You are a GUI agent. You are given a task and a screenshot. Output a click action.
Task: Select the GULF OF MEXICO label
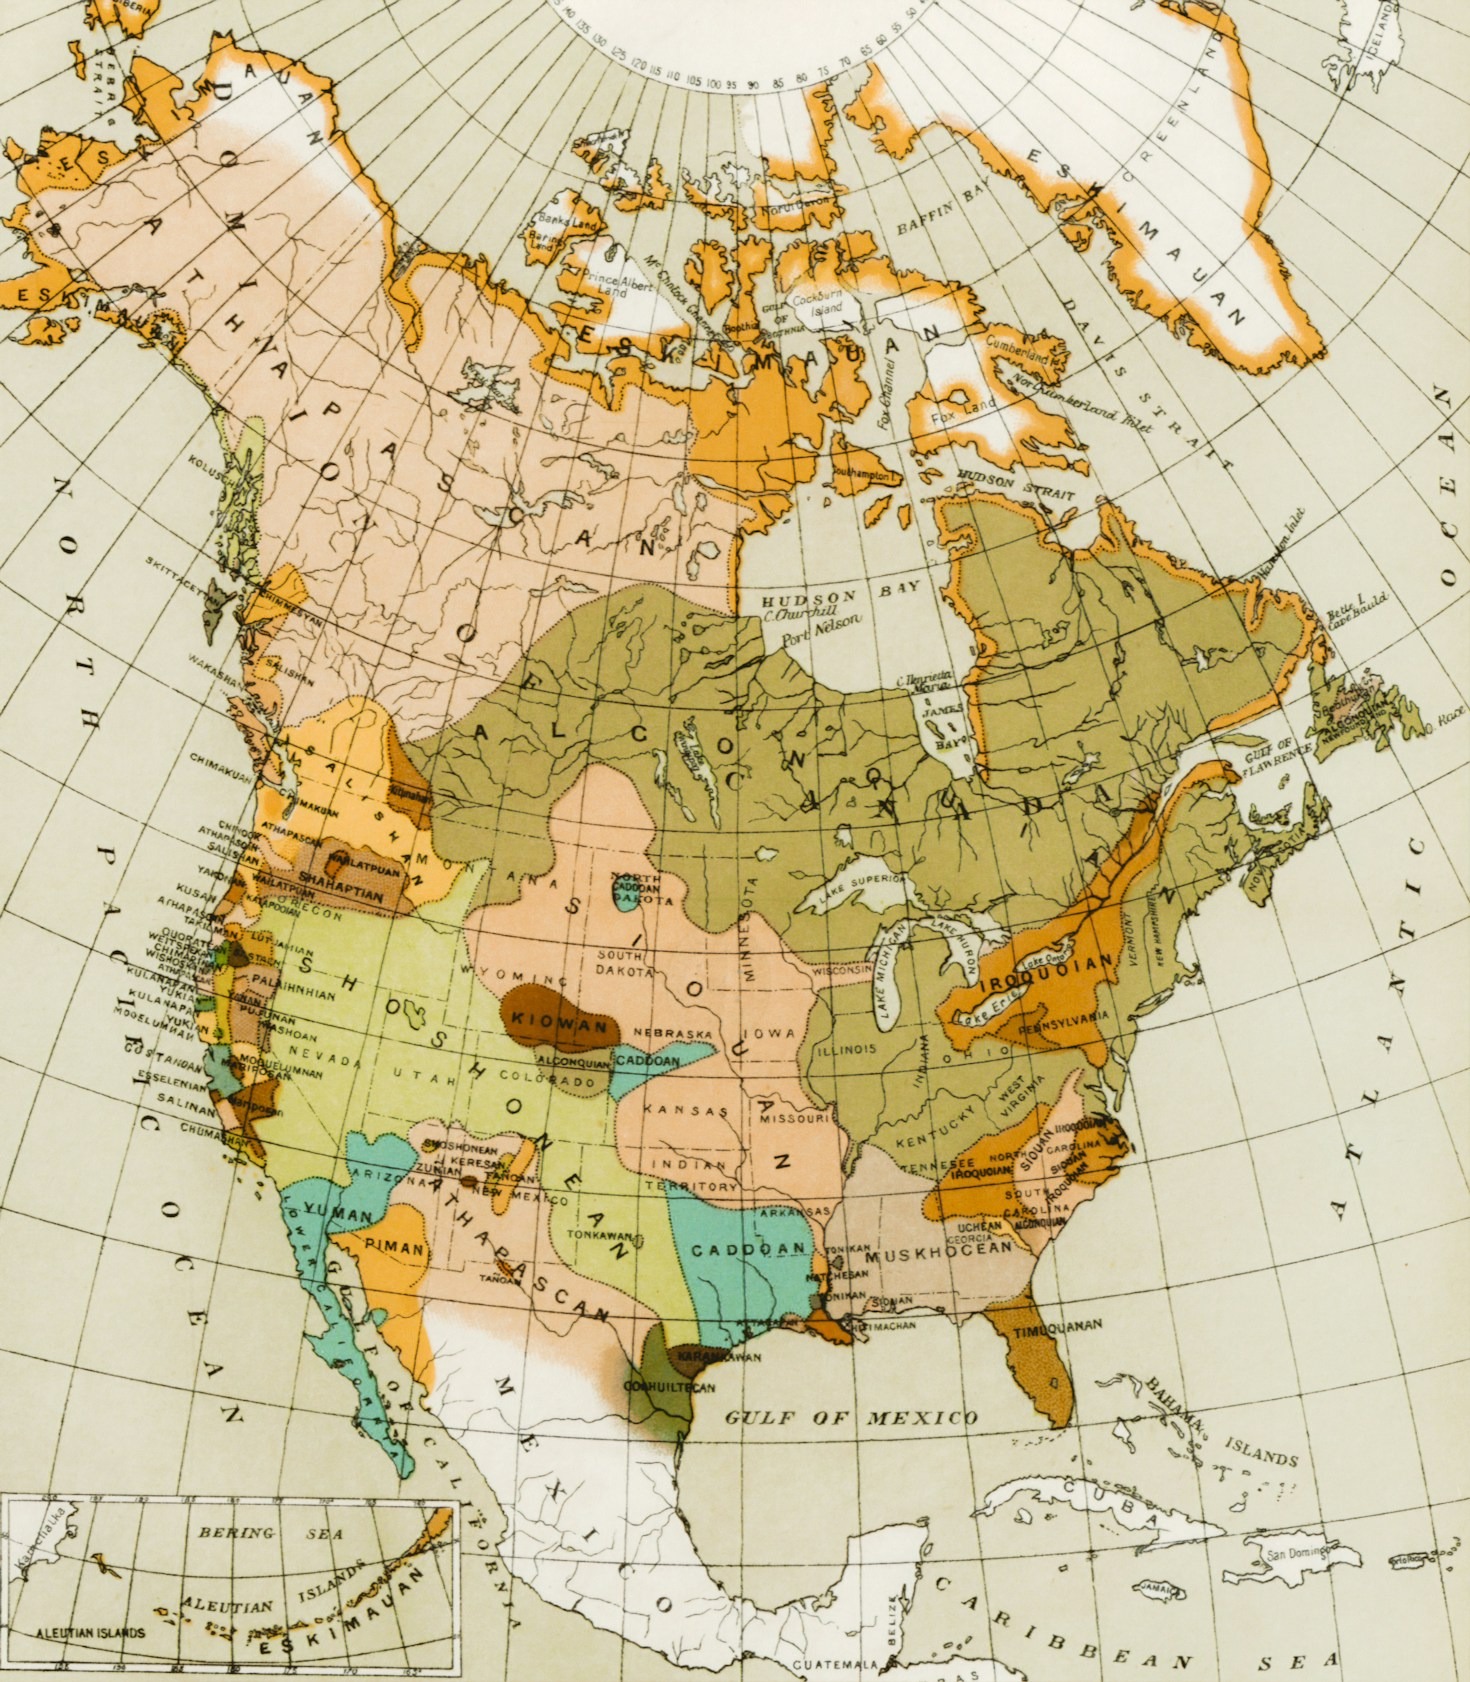(x=851, y=1418)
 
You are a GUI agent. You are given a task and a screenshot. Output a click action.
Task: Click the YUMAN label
(x=338, y=1214)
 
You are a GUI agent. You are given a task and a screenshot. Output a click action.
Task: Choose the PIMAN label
(x=397, y=1248)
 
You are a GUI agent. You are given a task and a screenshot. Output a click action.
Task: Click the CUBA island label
(x=1091, y=1487)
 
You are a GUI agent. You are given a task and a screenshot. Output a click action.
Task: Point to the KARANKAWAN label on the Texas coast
(x=711, y=1357)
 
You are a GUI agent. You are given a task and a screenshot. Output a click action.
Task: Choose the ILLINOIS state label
(x=845, y=1049)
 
